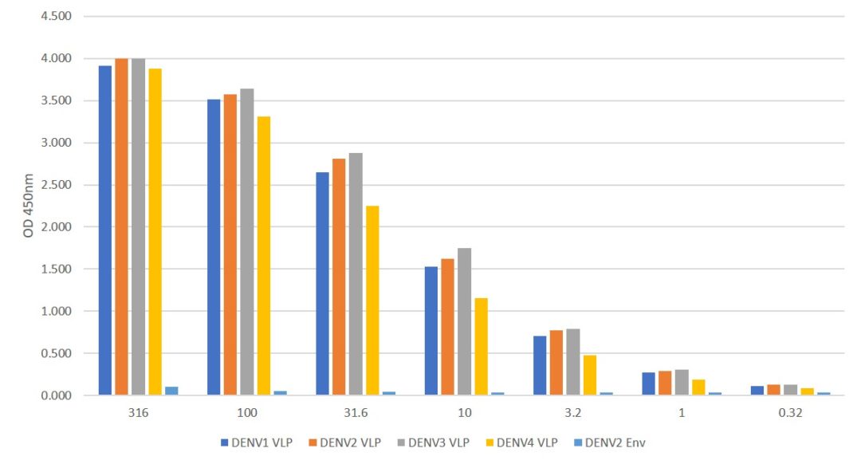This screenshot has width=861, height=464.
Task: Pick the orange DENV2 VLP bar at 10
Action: point(448,327)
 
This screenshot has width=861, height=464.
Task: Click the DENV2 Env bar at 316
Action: point(171,391)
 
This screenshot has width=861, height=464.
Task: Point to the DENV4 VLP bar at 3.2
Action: point(590,375)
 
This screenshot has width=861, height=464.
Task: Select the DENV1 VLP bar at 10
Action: point(431,331)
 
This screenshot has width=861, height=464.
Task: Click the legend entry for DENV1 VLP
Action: point(254,442)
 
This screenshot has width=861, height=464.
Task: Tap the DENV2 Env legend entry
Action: point(613,442)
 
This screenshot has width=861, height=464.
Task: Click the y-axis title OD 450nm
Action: point(29,206)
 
